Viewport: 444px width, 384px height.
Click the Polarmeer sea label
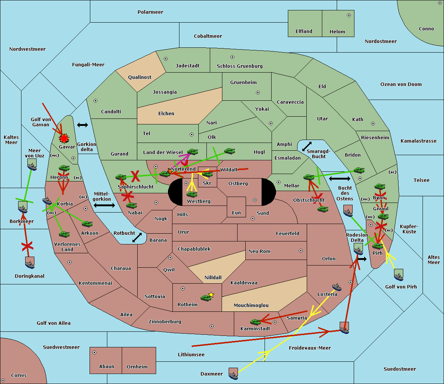pyautogui.click(x=150, y=12)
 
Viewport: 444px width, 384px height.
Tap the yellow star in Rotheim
pyautogui.click(x=211, y=295)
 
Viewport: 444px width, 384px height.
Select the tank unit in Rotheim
pyautogui.click(x=206, y=297)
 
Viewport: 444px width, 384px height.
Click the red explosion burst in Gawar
pyautogui.click(x=64, y=138)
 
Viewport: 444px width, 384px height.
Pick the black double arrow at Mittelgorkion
pyautogui.click(x=104, y=205)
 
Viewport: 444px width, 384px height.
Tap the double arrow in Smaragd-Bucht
pyautogui.click(x=307, y=147)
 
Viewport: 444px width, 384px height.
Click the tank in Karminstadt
pyautogui.click(x=255, y=322)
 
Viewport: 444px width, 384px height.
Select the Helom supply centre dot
pyautogui.click(x=349, y=15)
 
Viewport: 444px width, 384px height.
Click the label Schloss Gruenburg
pyautogui.click(x=239, y=66)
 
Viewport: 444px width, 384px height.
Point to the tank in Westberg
pyautogui.click(x=192, y=194)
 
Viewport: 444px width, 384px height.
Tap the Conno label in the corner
pyautogui.click(x=426, y=29)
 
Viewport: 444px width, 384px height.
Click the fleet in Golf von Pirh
pyautogui.click(x=398, y=275)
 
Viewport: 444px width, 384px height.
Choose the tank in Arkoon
pyautogui.click(x=87, y=224)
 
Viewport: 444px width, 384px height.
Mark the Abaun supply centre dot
pyautogui.click(x=94, y=353)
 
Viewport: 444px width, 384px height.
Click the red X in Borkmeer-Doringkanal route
pyautogui.click(x=27, y=246)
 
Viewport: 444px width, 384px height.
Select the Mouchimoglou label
pyautogui.click(x=251, y=305)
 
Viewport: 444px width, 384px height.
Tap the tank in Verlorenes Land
pyautogui.click(x=64, y=234)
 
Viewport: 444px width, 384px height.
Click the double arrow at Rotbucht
pyautogui.click(x=137, y=237)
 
